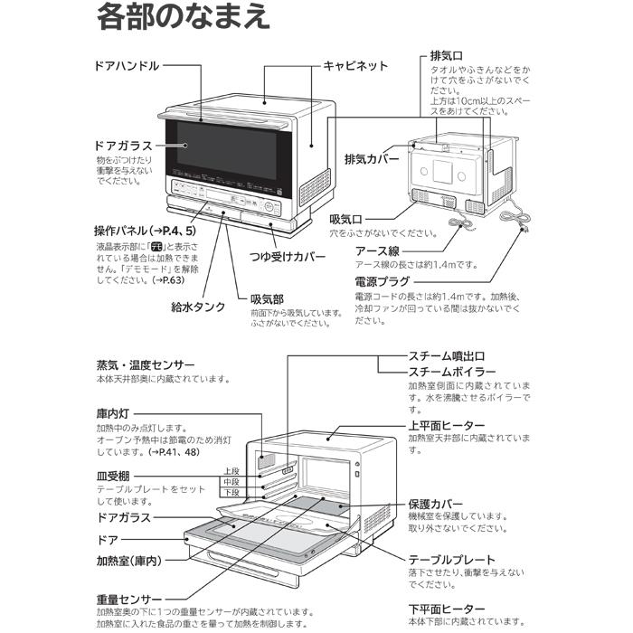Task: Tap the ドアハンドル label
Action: point(128,66)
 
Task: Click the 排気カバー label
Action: point(372,158)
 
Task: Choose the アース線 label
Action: point(377,250)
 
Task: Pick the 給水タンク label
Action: point(198,307)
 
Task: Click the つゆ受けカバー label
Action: point(287,257)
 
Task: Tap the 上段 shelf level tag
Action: point(231,471)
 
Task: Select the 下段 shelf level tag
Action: point(231,493)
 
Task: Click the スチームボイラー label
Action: point(452,372)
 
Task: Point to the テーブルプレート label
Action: point(451,560)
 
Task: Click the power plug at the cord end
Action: point(524,233)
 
